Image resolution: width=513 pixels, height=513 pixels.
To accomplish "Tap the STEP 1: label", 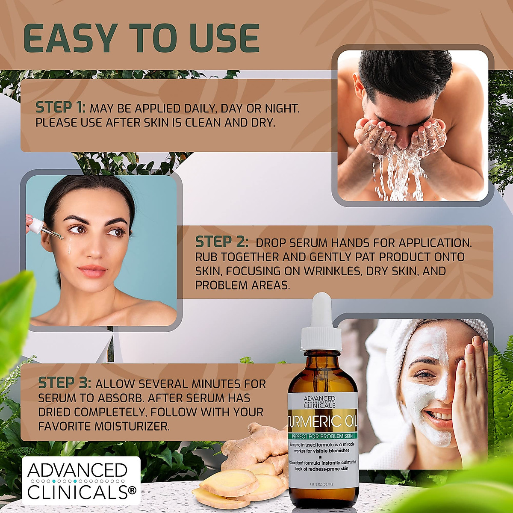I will coord(60,108).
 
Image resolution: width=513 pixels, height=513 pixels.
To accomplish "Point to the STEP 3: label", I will coord(65,383).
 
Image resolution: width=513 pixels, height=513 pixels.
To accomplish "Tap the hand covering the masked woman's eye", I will coord(472,376).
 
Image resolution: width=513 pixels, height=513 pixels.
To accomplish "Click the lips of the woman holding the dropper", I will coord(92,271).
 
